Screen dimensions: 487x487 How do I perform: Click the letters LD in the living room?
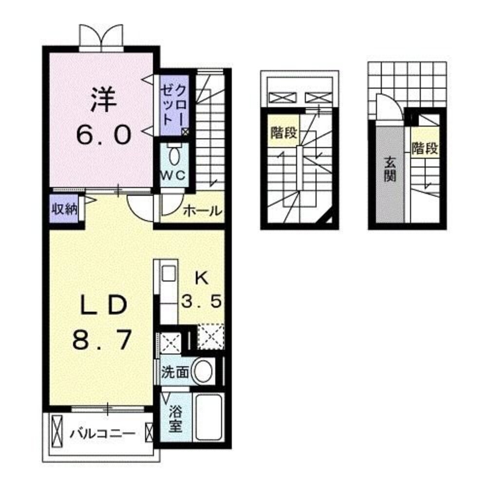[103, 305]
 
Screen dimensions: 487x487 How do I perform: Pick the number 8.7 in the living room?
[102, 340]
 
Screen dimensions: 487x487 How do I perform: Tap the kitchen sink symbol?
[168, 274]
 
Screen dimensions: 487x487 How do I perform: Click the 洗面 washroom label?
[175, 373]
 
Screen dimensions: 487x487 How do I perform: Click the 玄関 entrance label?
[389, 169]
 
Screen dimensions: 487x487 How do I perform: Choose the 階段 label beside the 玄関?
[425, 148]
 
